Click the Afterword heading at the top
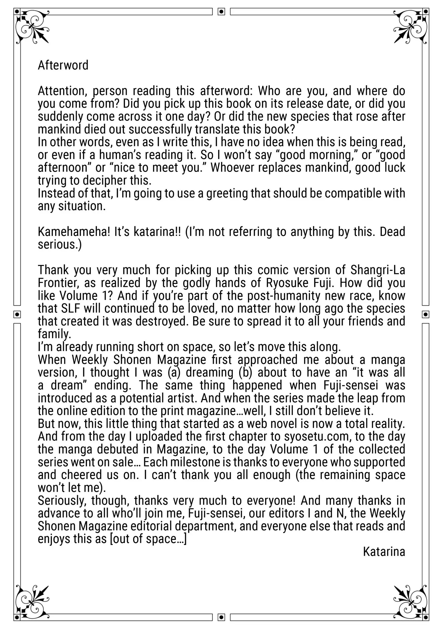pos(63,66)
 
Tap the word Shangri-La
pos(378,270)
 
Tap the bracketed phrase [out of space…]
pos(148,539)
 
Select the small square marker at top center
pos(221,12)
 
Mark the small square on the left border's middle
pos(17,314)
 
